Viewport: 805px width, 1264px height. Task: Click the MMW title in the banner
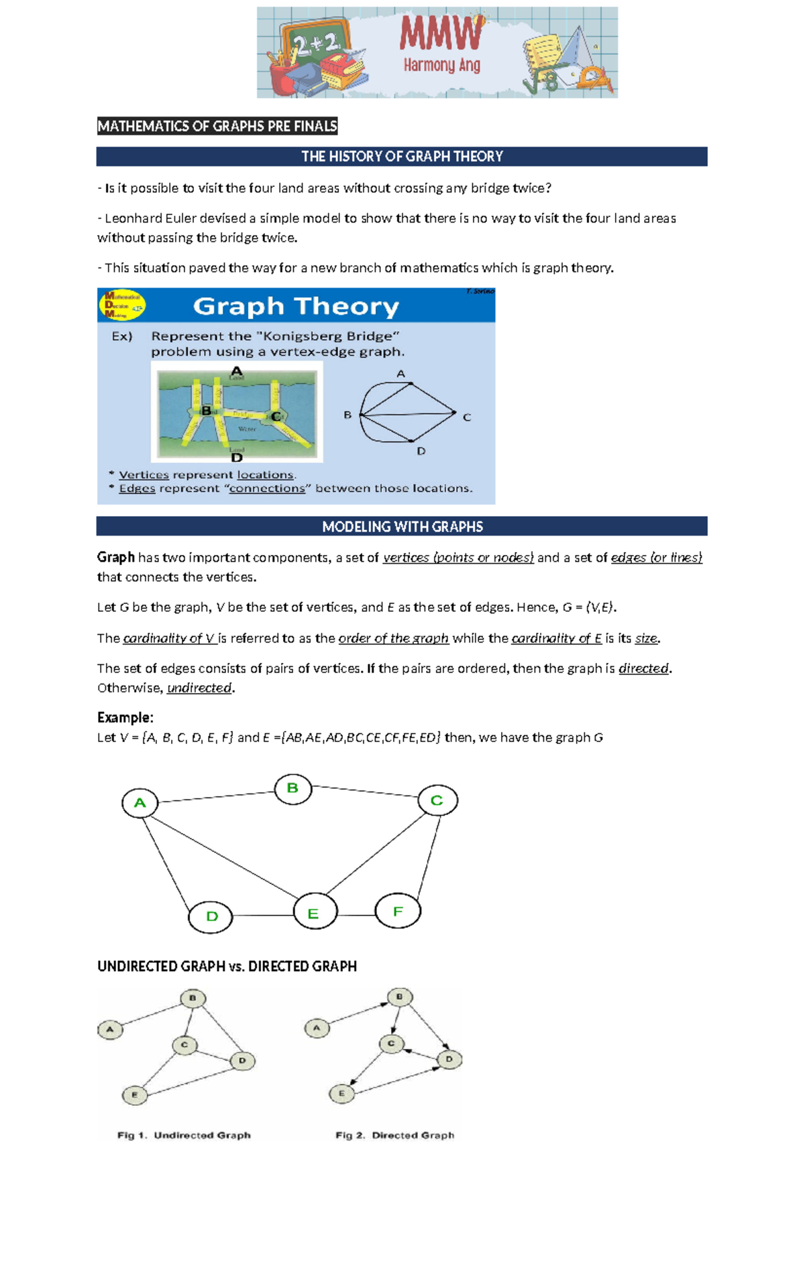(x=441, y=35)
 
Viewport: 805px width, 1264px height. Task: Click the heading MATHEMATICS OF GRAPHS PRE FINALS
(x=217, y=126)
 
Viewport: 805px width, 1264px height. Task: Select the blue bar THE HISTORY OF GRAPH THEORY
(x=402, y=156)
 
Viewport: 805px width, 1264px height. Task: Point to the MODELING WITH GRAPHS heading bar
(x=402, y=526)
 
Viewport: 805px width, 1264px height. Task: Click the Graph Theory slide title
(x=296, y=306)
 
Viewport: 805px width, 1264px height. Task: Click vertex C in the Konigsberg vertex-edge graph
(x=455, y=412)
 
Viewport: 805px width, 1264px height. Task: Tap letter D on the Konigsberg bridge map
(x=236, y=457)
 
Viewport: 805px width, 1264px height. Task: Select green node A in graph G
(x=140, y=802)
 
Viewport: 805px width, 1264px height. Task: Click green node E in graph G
(x=313, y=913)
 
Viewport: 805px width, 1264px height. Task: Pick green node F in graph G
(x=398, y=911)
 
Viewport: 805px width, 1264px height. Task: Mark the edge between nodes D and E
(x=263, y=915)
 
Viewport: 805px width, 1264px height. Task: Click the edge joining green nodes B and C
(x=365, y=792)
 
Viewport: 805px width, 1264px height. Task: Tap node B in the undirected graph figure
(x=193, y=998)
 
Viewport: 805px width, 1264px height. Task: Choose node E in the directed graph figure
(x=341, y=1093)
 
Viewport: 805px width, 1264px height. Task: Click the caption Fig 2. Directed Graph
(x=394, y=1135)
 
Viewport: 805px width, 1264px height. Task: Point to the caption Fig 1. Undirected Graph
(x=184, y=1135)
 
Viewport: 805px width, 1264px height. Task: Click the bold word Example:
(x=125, y=717)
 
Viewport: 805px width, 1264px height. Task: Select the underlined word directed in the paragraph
(x=643, y=668)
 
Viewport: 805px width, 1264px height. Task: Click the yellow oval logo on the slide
(x=122, y=305)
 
